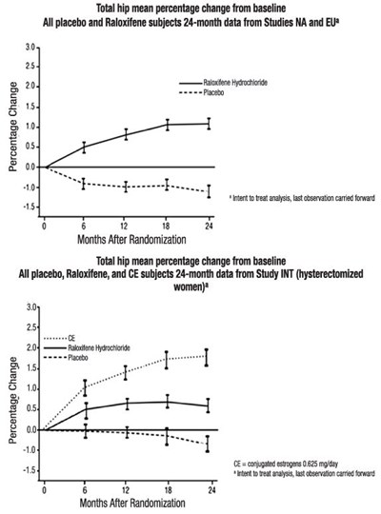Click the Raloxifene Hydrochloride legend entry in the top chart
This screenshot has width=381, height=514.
pyautogui.click(x=223, y=83)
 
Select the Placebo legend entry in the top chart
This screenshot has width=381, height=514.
pyautogui.click(x=202, y=92)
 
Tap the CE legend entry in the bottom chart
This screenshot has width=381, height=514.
pyautogui.click(x=60, y=338)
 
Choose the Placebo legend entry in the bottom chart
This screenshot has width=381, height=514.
pyautogui.click(x=66, y=358)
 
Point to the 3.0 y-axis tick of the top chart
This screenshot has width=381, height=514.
pyautogui.click(x=30, y=48)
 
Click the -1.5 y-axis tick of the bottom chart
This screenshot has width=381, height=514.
pyautogui.click(x=29, y=471)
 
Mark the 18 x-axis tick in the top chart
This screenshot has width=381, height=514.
pyautogui.click(x=167, y=227)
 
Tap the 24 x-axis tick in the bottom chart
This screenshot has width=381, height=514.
pyautogui.click(x=212, y=490)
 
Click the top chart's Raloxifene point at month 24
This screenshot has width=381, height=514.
pyautogui.click(x=209, y=124)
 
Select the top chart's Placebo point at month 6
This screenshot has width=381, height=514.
pyautogui.click(x=84, y=184)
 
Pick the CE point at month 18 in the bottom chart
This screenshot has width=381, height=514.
pyautogui.click(x=167, y=360)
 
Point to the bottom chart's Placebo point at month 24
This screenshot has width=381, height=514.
pyautogui.click(x=208, y=444)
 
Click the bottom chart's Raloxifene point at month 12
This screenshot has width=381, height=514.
pyautogui.click(x=127, y=404)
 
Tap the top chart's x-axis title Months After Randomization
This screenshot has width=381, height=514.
pyautogui.click(x=131, y=240)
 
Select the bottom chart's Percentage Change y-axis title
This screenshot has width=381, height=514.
pyautogui.click(x=13, y=400)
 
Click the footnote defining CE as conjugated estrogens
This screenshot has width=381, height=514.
pyautogui.click(x=286, y=464)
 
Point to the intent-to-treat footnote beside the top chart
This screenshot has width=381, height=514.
pyautogui.click(x=302, y=198)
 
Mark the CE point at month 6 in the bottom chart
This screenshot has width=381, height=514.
pyautogui.click(x=86, y=387)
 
